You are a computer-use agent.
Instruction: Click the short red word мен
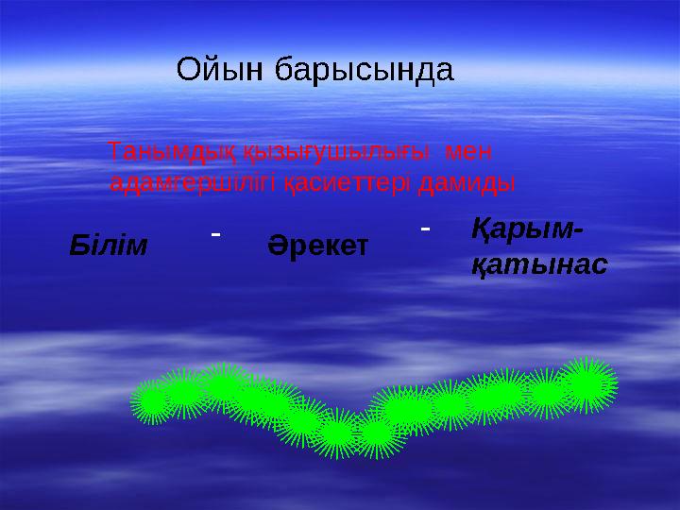(468, 151)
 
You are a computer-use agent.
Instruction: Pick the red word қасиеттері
(350, 182)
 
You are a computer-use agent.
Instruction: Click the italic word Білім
(110, 246)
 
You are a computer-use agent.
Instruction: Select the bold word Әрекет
(318, 246)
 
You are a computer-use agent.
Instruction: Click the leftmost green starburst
(152, 401)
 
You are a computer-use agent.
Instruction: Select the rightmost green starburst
(587, 383)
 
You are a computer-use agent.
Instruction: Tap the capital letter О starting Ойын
(190, 70)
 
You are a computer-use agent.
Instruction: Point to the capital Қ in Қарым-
(481, 229)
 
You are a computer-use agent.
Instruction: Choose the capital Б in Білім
(79, 246)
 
